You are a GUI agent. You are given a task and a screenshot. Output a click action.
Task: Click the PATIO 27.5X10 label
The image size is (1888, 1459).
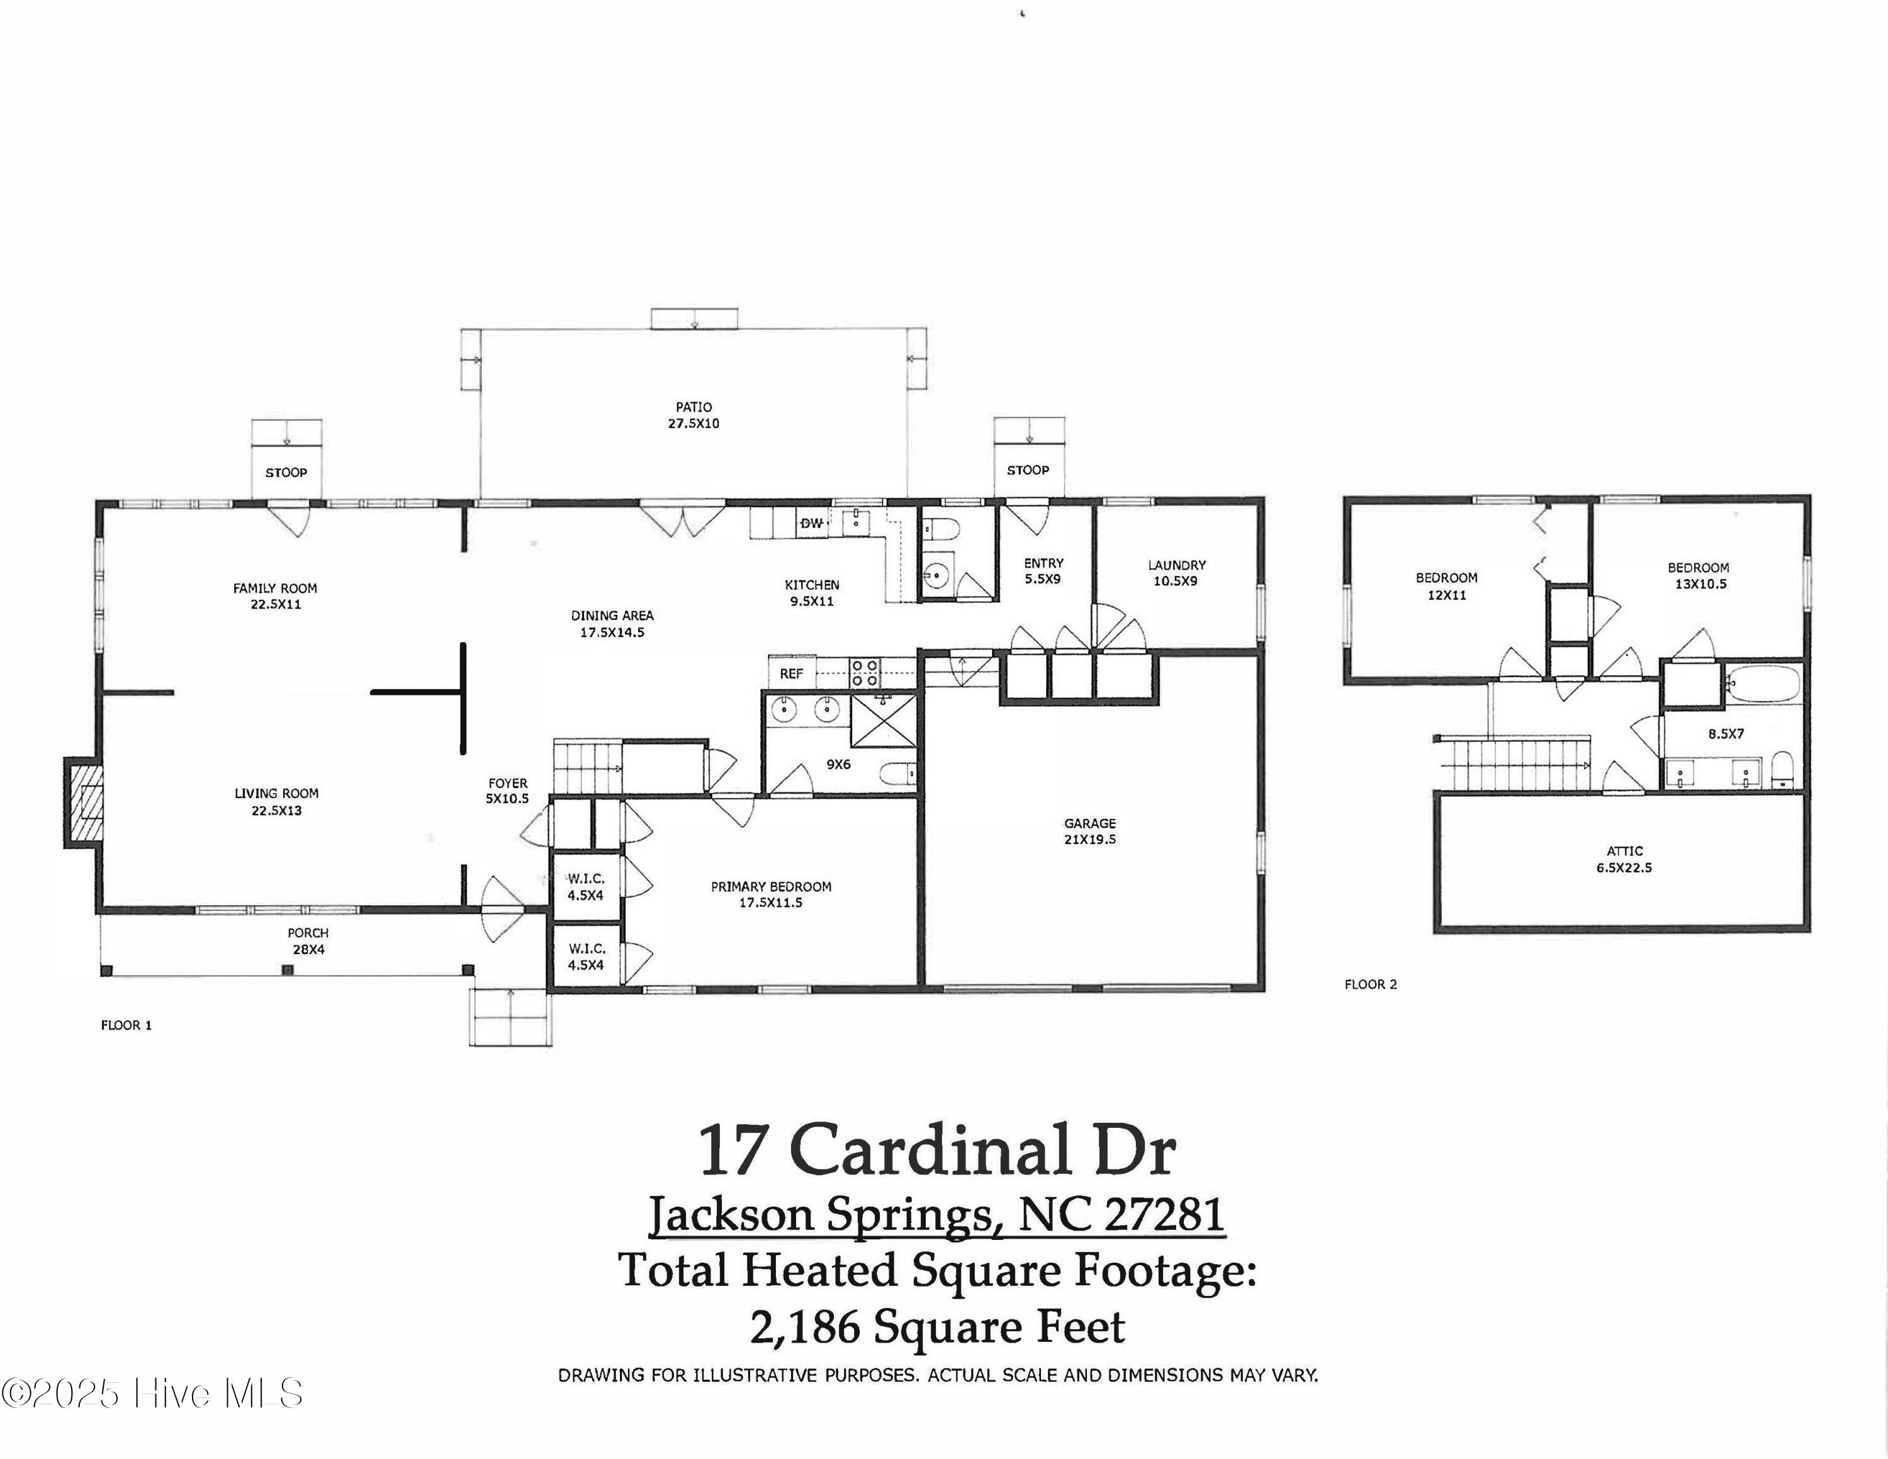tap(694, 415)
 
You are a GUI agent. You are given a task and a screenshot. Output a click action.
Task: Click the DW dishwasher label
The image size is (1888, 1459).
tap(812, 524)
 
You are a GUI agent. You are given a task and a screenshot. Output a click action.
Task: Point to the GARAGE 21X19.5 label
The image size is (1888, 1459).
tap(1089, 831)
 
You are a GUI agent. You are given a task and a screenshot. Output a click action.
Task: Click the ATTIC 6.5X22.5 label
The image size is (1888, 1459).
tap(1624, 859)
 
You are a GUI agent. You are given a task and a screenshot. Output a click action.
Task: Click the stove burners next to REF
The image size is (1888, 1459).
tap(865, 672)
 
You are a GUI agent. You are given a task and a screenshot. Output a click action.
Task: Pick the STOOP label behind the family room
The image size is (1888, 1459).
tap(286, 473)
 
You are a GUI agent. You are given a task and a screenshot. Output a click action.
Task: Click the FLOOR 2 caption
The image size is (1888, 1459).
tap(1370, 984)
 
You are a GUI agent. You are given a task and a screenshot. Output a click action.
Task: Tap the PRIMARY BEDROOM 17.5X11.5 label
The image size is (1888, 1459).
tap(770, 894)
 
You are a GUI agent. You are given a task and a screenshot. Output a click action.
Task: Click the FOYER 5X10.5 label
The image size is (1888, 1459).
tap(507, 791)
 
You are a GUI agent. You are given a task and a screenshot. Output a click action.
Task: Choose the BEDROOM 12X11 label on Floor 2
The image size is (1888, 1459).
tap(1446, 586)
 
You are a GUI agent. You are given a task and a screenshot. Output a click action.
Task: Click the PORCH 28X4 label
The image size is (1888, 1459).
tap(308, 940)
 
